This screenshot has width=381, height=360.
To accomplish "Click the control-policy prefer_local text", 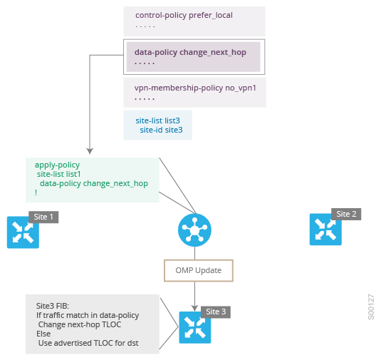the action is tap(184, 15).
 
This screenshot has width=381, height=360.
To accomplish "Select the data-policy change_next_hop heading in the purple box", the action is tap(190, 52).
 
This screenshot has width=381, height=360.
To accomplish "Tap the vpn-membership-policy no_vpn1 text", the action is tap(195, 88).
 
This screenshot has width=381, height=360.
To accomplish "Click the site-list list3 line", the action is tap(157, 120).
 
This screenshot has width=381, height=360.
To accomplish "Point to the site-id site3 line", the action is tap(161, 130).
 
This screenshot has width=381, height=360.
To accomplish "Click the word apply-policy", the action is tap(57, 165).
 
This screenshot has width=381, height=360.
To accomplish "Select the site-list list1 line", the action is tap(58, 174).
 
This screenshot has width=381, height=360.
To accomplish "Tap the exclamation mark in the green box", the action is tap(36, 192).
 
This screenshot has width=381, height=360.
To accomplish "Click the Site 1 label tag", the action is tap(43, 217).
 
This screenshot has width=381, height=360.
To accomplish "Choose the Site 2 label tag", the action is tap(346, 214).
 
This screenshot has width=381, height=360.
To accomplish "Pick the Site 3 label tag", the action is tap(216, 312).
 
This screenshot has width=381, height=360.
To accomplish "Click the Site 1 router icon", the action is tap(23, 232).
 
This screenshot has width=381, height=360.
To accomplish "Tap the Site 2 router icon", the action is tap(325, 230).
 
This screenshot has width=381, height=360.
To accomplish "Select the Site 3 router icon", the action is tap(195, 327).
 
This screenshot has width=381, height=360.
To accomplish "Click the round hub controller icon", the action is tap(194, 230).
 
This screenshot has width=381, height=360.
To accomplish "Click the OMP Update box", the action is tap(199, 270).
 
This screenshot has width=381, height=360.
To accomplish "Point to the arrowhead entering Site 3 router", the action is tap(194, 308).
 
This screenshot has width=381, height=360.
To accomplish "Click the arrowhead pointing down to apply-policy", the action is tap(90, 151).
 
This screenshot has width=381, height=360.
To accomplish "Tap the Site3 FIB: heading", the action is tap(53, 306).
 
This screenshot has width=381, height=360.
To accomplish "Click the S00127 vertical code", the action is tap(371, 307).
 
